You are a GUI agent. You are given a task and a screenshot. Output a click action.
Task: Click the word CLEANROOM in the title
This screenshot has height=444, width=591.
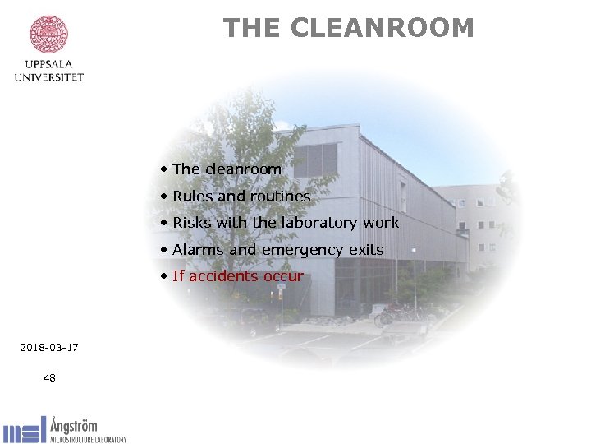(x=382, y=28)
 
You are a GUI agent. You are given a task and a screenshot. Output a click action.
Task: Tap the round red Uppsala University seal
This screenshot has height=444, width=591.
(x=49, y=34)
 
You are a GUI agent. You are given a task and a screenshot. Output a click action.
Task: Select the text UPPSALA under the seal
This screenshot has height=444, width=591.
(x=49, y=64)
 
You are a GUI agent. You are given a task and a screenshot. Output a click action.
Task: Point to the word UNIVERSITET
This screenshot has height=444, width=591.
(x=49, y=77)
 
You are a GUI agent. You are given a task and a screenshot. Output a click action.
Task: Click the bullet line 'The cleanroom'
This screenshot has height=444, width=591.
(x=227, y=169)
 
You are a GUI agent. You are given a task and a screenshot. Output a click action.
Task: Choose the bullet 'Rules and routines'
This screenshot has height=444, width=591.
(x=241, y=197)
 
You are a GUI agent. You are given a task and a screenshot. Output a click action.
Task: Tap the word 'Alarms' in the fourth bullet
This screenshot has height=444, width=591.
(x=196, y=250)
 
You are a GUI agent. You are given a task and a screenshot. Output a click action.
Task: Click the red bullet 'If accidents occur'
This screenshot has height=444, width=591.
(x=237, y=276)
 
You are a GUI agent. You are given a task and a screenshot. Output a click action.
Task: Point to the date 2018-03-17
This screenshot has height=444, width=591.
(x=49, y=348)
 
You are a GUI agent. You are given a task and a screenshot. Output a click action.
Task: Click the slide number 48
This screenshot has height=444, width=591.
(x=49, y=378)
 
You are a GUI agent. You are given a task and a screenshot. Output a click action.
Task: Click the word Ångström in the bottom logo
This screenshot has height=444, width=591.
(x=73, y=425)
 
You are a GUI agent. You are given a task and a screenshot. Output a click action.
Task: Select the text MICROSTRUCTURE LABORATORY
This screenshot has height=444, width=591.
(x=88, y=440)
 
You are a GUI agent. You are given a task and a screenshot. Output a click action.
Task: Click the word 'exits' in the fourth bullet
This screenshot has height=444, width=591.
(x=366, y=250)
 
